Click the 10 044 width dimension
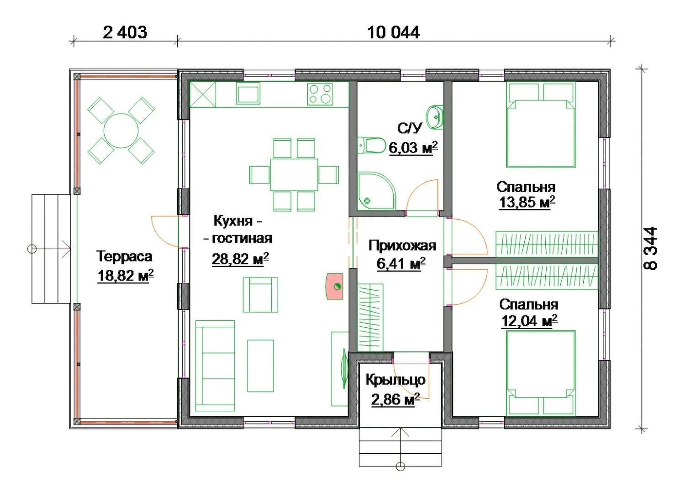[x=393, y=32]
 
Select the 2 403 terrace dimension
[x=125, y=32]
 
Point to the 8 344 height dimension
[x=650, y=248]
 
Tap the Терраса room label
[x=125, y=256]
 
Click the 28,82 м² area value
[x=240, y=259]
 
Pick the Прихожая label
[x=402, y=246]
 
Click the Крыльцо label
[x=396, y=380]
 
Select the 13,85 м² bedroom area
[x=527, y=202]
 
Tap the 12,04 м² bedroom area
[x=529, y=321]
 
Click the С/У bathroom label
[x=410, y=129]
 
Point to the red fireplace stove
[x=335, y=286]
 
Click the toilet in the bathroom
[x=372, y=146]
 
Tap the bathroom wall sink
[x=435, y=117]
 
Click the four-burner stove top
[x=320, y=94]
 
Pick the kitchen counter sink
[x=248, y=94]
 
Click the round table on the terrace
[x=121, y=131]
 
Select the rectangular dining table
[x=294, y=175]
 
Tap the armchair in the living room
[x=260, y=295]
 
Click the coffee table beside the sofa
[x=260, y=366]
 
